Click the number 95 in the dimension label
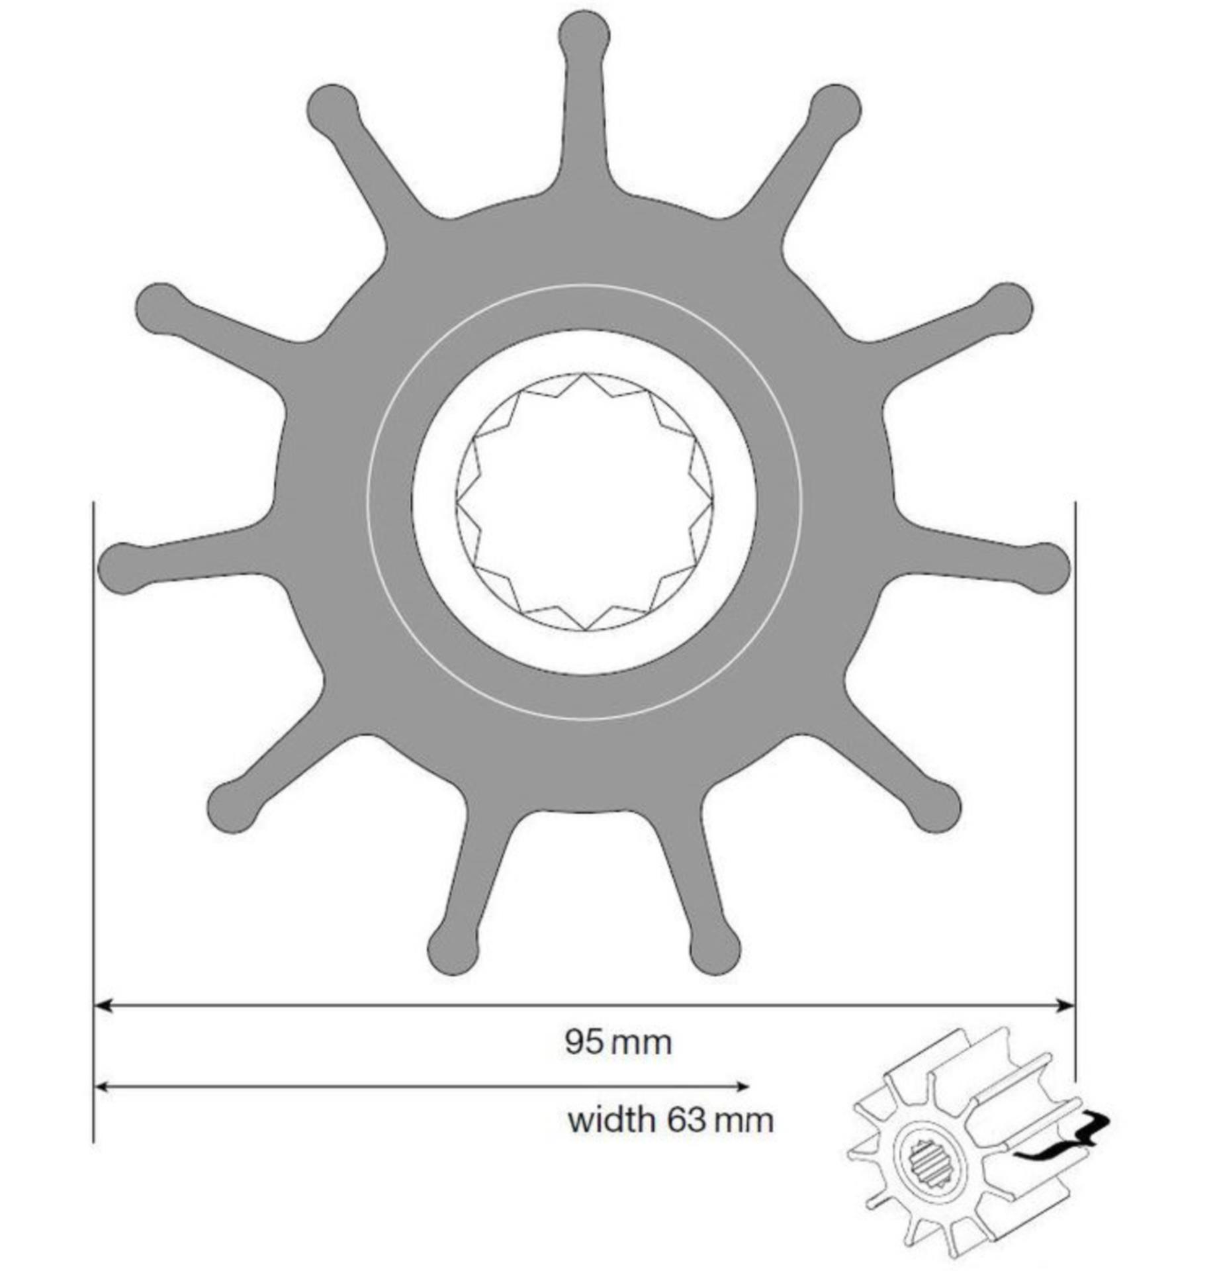[584, 1042]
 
